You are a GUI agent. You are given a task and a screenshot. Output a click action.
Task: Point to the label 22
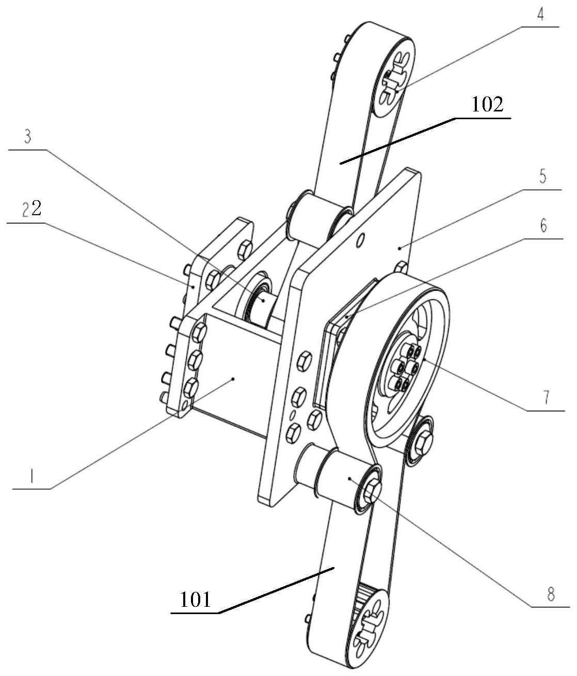pos(31,209)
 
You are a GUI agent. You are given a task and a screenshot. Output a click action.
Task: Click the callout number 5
pos(542,178)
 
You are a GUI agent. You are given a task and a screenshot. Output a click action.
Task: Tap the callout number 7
pos(546,397)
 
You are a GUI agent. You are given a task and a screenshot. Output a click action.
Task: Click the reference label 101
pos(196,600)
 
